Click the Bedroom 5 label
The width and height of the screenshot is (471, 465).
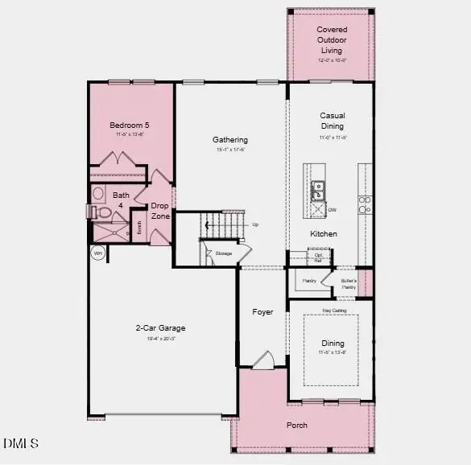point(130,126)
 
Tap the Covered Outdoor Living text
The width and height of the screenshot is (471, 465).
point(332,40)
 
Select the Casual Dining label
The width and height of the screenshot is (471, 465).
point(332,121)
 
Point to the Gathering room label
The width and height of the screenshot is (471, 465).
point(230,140)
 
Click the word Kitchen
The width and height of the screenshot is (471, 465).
point(324,234)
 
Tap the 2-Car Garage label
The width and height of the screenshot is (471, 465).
point(160,328)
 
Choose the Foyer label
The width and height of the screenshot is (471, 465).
point(262,312)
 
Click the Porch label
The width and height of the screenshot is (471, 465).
point(297,425)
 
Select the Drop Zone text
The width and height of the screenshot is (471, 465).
point(160,211)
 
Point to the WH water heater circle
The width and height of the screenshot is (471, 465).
point(98,253)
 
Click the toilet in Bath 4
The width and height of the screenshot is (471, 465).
point(101,212)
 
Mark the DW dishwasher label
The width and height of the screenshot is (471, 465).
point(332,210)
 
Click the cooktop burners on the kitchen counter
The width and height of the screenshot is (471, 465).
point(365,204)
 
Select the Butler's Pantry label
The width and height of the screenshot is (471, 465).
point(348,283)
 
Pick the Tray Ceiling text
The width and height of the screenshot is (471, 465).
point(334,311)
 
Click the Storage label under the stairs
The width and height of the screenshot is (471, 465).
point(223,253)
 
